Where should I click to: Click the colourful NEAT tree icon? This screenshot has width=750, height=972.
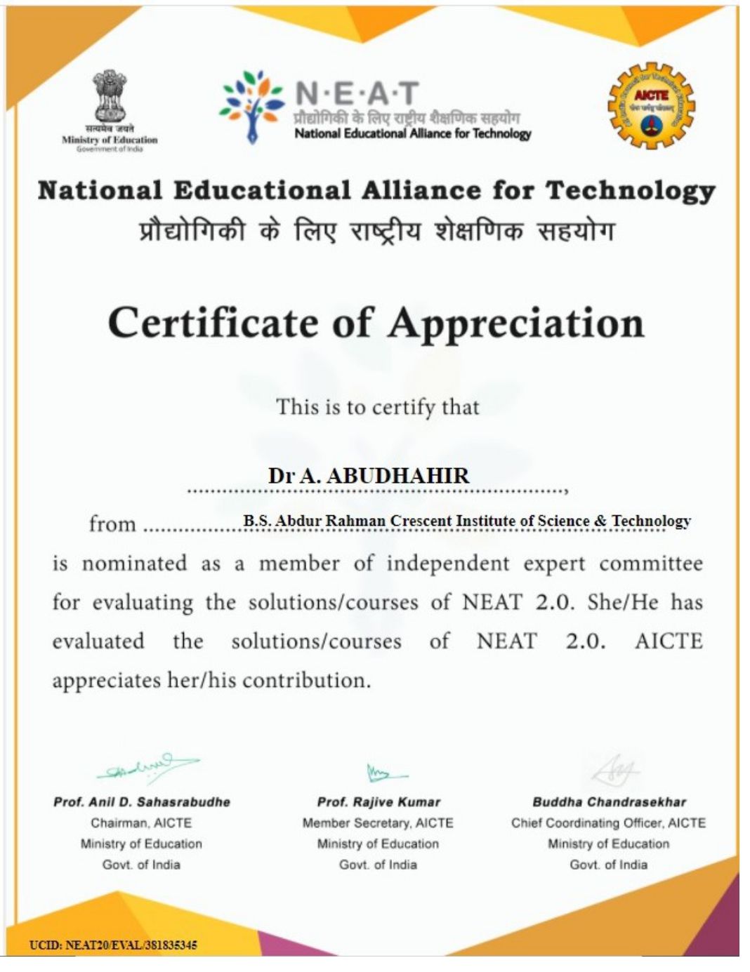(x=251, y=105)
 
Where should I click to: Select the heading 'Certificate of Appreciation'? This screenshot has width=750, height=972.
(x=376, y=324)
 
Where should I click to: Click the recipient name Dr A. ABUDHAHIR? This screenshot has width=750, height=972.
(x=369, y=476)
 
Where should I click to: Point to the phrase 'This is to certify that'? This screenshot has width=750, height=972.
(x=378, y=407)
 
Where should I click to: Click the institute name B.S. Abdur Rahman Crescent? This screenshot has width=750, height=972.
(x=467, y=521)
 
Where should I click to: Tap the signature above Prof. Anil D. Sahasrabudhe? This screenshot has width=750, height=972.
(x=147, y=769)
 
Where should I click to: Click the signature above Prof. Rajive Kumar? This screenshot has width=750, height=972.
(x=384, y=773)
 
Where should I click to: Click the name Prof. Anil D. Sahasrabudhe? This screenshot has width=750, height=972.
(x=142, y=802)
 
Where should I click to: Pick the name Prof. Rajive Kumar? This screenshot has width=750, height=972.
(x=379, y=802)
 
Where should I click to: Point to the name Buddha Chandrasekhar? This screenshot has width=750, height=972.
(x=609, y=802)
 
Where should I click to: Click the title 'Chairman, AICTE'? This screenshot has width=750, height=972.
(x=141, y=823)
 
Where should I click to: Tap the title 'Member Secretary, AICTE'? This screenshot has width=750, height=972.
(x=378, y=823)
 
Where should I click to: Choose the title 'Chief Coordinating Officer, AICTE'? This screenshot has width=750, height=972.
(x=608, y=823)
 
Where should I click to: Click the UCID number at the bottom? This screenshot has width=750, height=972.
(x=113, y=945)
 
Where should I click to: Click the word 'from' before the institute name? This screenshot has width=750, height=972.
(x=112, y=524)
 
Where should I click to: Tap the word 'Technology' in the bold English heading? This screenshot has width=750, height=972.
(x=630, y=191)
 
